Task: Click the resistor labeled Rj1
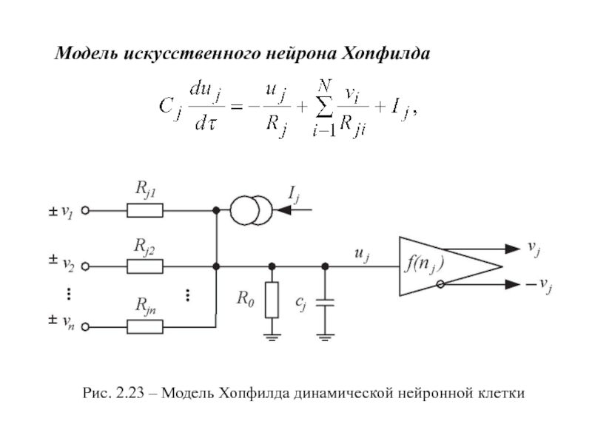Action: (146, 211)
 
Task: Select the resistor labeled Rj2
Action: (146, 266)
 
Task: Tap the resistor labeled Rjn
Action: (146, 325)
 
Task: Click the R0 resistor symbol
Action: (272, 300)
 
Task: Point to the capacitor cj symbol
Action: (325, 301)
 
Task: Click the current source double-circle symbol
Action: (249, 211)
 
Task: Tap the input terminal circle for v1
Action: (85, 211)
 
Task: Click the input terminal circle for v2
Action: (85, 266)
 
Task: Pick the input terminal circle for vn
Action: (85, 325)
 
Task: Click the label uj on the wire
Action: (362, 255)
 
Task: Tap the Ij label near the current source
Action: (295, 195)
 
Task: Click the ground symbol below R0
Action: (272, 337)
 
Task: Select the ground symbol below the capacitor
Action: (325, 337)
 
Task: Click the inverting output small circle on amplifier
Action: (441, 284)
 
